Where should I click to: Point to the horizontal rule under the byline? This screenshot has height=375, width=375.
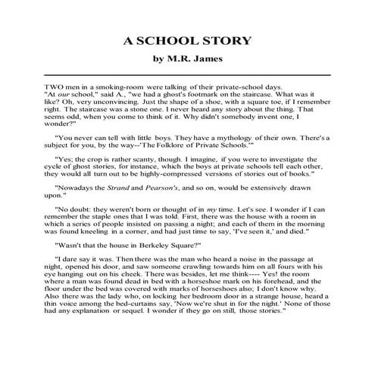(187, 75)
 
